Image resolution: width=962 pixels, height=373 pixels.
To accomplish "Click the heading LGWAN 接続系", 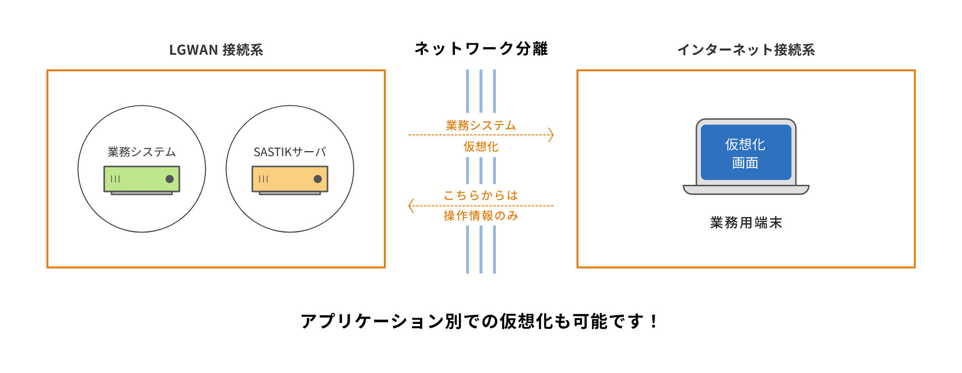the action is point(216,50).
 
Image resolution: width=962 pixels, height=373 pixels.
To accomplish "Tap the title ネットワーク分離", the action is point(481,49).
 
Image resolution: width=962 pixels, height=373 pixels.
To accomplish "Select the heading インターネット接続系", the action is point(746,50).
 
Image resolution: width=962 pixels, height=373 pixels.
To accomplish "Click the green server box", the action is point(142,179).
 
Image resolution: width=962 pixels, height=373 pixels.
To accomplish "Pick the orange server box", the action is point(290,179).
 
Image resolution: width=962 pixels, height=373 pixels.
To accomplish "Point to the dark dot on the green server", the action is point(169,179).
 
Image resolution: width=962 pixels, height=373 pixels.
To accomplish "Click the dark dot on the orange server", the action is point(317,179).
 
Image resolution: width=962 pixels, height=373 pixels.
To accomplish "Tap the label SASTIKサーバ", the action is point(290,152).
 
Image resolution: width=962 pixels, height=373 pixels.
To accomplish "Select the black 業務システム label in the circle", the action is point(142,152).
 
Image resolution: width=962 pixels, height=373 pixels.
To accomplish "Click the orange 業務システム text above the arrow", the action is point(481,126).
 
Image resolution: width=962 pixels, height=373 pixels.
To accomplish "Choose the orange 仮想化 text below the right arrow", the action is point(481,147).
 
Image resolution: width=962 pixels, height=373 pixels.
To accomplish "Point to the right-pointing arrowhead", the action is point(551,135).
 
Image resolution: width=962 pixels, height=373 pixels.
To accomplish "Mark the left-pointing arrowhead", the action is point(411,206).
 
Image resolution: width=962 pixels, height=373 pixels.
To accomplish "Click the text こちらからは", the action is point(481,195).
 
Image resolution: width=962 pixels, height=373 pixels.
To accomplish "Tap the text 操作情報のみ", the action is point(481,216).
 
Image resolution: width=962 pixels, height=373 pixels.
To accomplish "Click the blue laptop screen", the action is point(746,152).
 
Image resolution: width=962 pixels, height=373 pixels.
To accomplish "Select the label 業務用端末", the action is point(746,223).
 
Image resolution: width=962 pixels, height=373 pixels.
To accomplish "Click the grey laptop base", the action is point(746,190).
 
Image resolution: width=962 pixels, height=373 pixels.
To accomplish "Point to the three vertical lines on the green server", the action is point(115,179).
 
